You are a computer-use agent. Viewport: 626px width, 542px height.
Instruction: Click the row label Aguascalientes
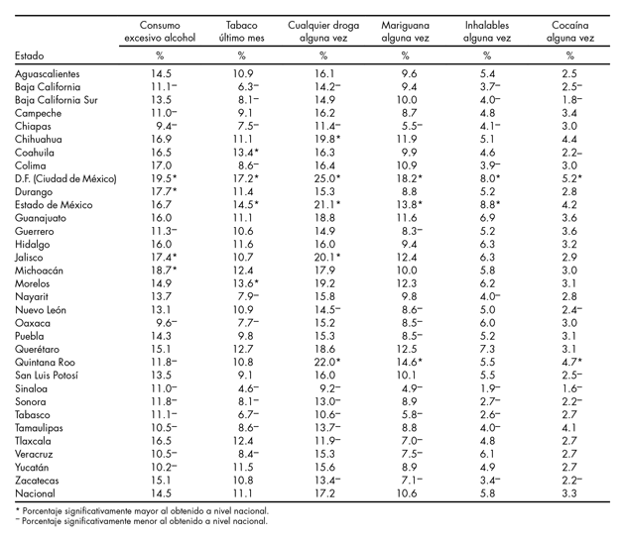pyautogui.click(x=48, y=74)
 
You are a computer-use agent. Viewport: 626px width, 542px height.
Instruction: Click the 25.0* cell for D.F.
pyautogui.click(x=327, y=177)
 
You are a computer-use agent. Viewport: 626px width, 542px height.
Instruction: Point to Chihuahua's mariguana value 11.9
pyautogui.click(x=405, y=139)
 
